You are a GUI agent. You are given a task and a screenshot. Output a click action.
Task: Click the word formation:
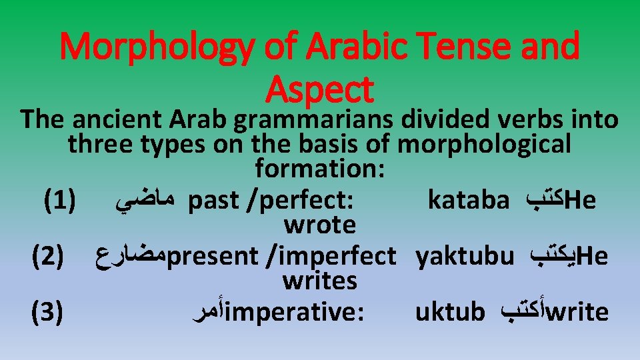(x=319, y=169)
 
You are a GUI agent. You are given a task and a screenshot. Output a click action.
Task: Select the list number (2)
(x=47, y=256)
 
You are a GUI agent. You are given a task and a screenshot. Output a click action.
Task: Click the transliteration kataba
(x=468, y=199)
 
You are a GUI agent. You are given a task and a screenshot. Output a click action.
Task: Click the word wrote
(x=319, y=225)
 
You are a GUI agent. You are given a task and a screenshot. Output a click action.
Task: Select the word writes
(x=319, y=281)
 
